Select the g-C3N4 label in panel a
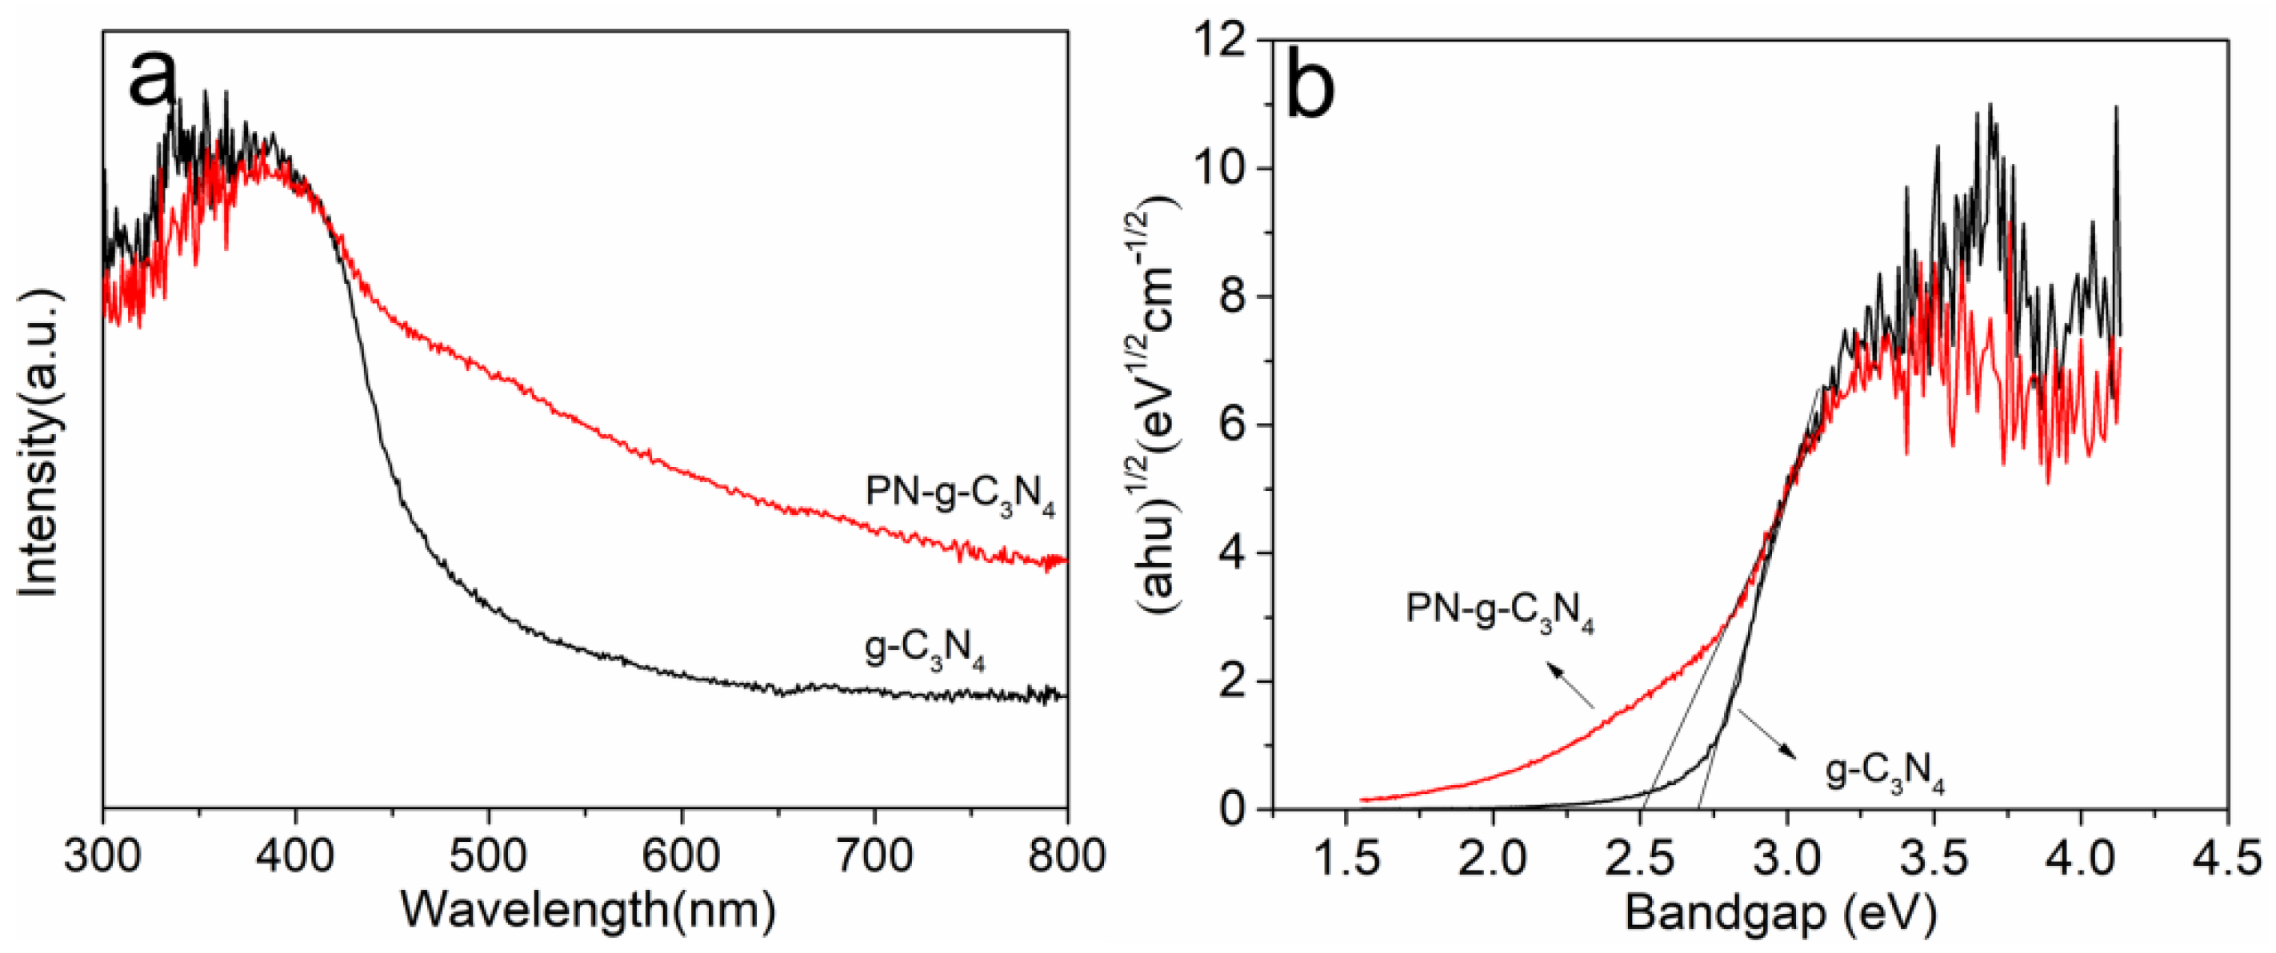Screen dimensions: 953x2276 (924, 651)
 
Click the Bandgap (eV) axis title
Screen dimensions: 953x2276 (1779, 912)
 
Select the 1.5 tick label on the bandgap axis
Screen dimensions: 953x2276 (1345, 857)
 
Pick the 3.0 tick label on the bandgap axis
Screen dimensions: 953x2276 (1786, 857)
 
